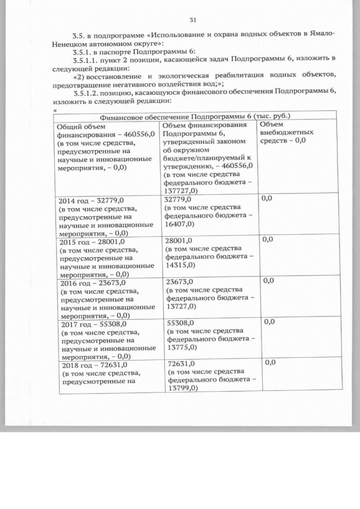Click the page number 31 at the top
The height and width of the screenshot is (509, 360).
192,21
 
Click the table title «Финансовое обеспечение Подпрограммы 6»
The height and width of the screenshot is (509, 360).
177,116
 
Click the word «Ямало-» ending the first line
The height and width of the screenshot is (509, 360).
322,34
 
